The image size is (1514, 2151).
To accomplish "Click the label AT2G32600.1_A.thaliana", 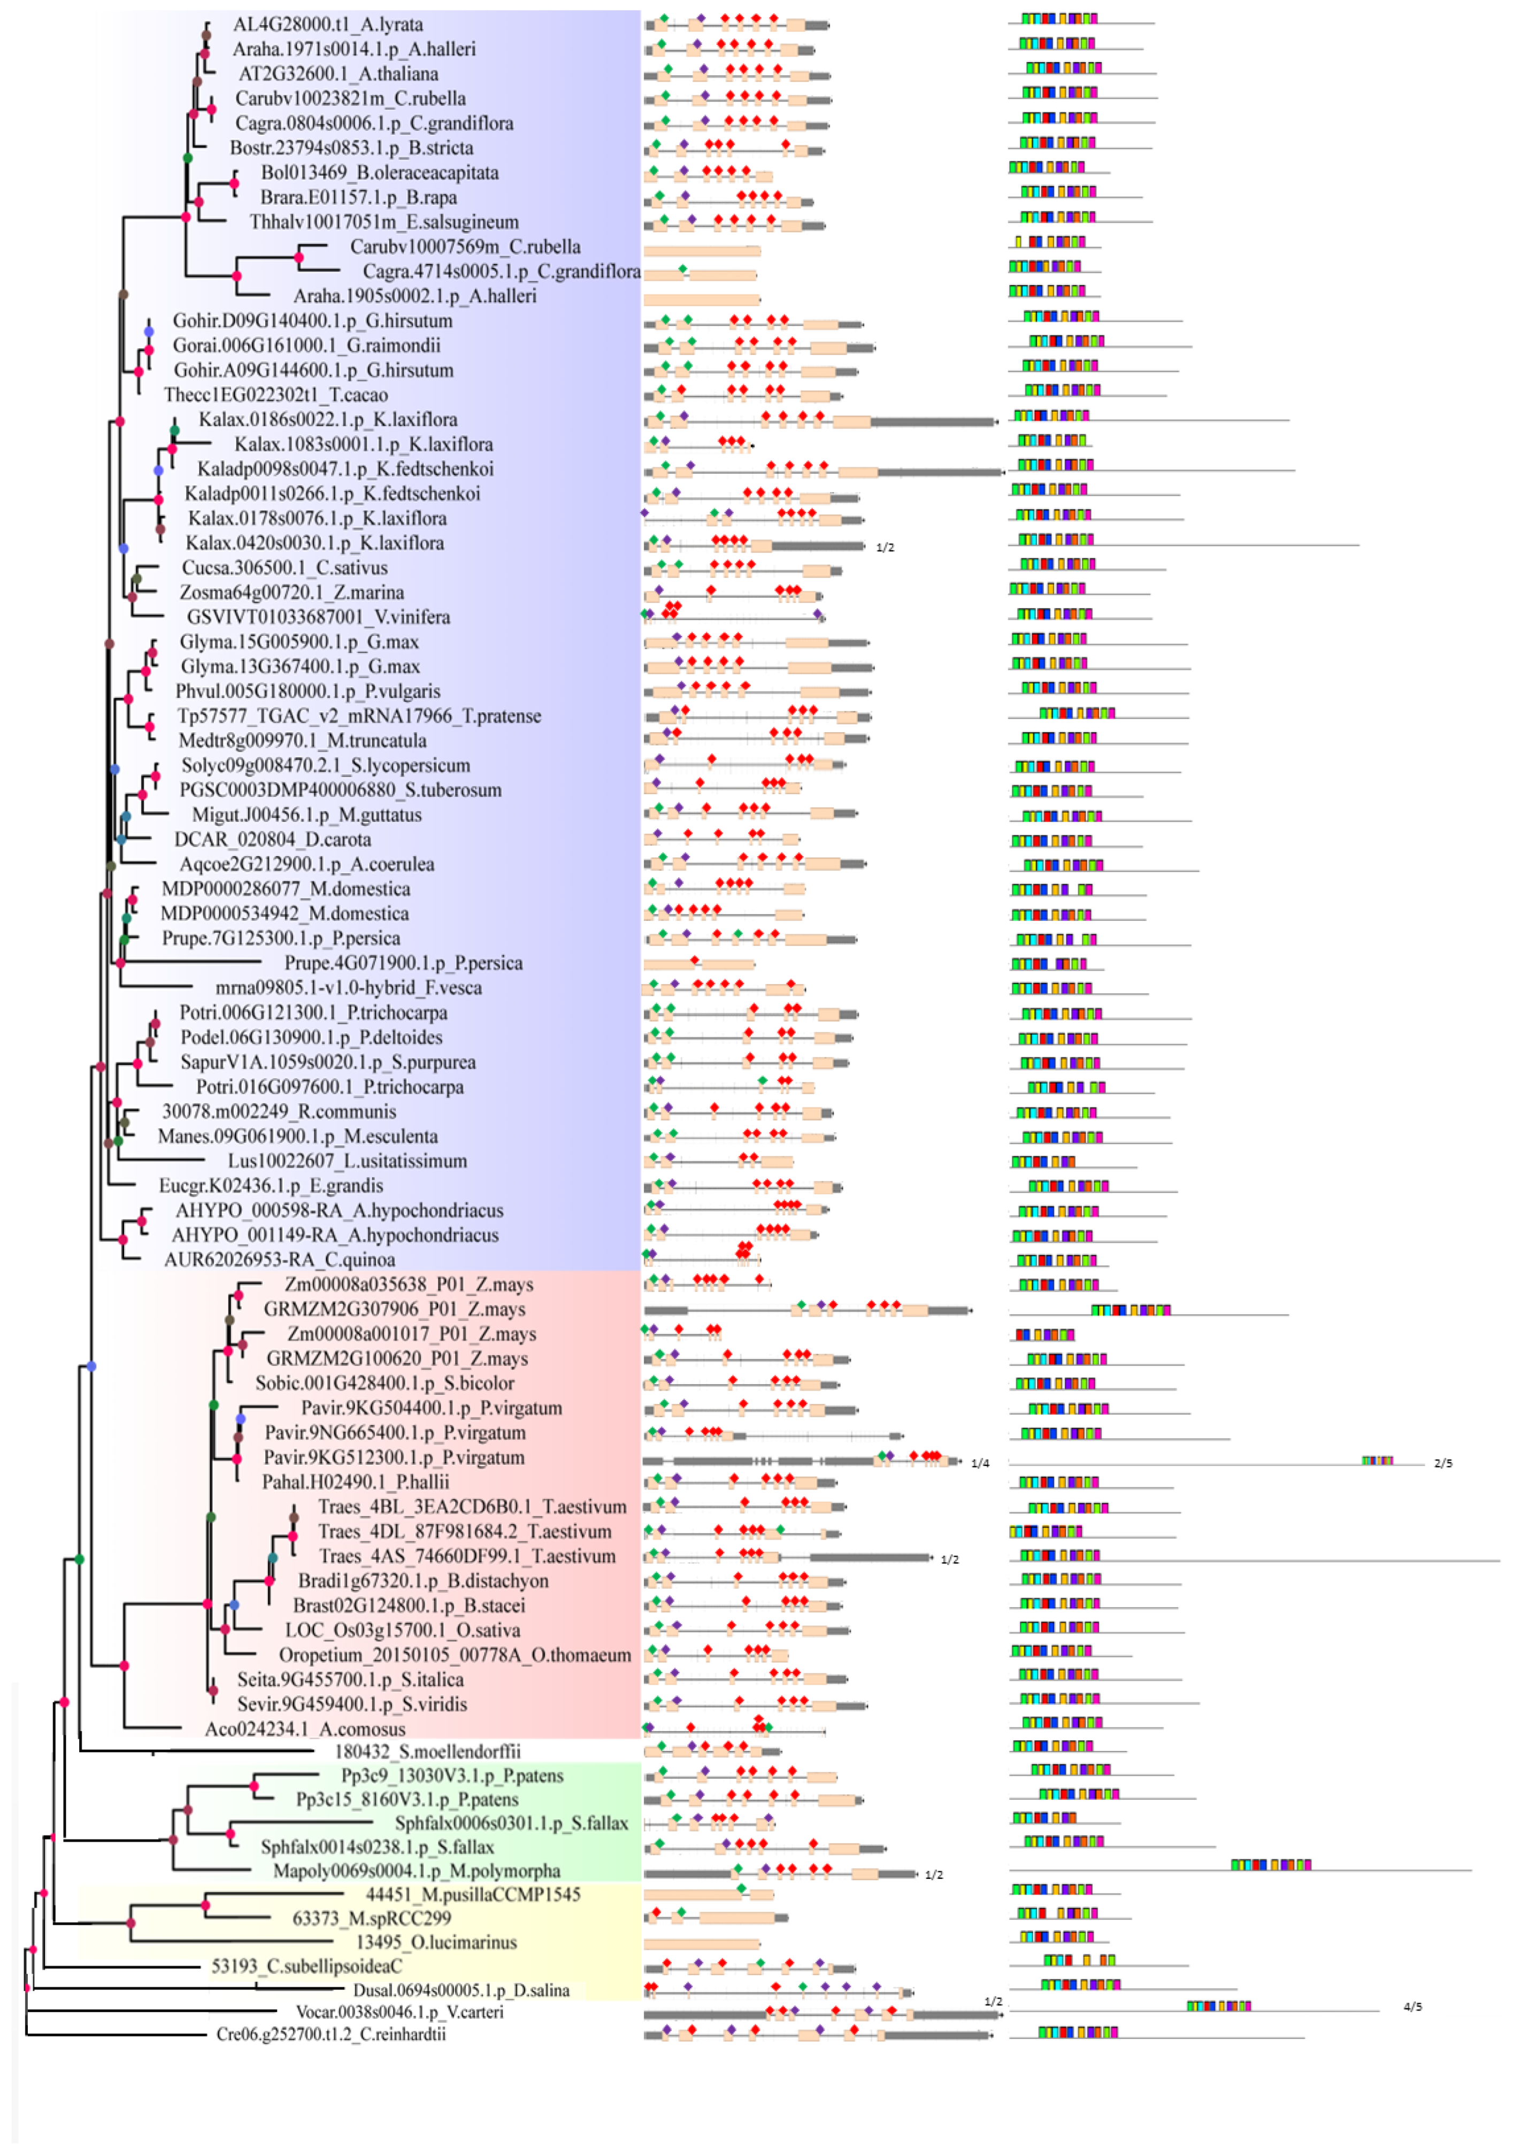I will [x=338, y=74].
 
